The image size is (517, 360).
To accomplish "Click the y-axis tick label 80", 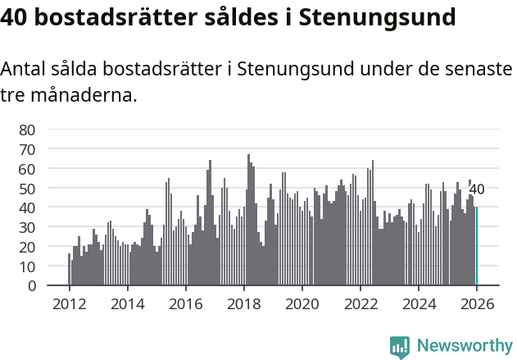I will pyautogui.click(x=28, y=130).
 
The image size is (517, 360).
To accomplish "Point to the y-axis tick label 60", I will pyautogui.click(x=28, y=169).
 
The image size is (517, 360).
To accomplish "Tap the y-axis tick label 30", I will pyautogui.click(x=28, y=227).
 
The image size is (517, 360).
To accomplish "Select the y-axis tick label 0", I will pyautogui.click(x=32, y=286).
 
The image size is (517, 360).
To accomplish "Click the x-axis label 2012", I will pyautogui.click(x=69, y=303).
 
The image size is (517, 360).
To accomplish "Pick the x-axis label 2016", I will pyautogui.click(x=186, y=303).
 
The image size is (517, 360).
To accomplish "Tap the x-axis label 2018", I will pyautogui.click(x=244, y=303).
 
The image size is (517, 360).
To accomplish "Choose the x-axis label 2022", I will pyautogui.click(x=361, y=303).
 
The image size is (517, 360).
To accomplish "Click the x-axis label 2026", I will pyautogui.click(x=477, y=303).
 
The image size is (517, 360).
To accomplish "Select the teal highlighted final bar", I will pyautogui.click(x=476, y=246).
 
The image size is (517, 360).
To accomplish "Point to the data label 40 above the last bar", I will pyautogui.click(x=476, y=189).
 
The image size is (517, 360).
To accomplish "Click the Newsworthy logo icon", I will pyautogui.click(x=400, y=347).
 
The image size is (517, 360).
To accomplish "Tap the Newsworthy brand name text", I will pyautogui.click(x=464, y=346).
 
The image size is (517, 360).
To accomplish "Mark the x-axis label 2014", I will pyautogui.click(x=128, y=303).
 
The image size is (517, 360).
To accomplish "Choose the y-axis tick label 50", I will pyautogui.click(x=28, y=189).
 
